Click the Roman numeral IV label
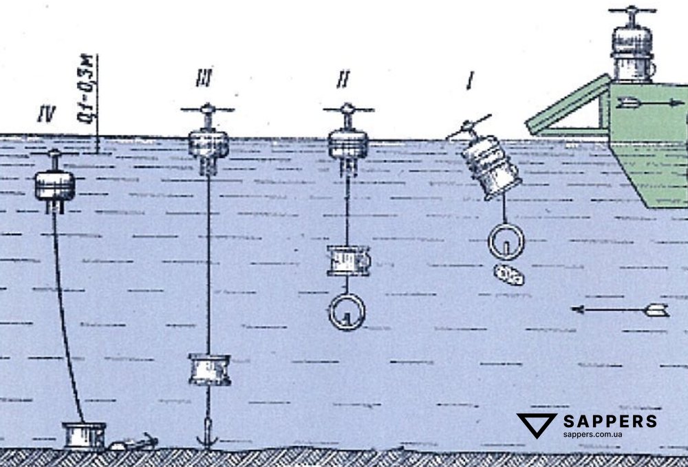click(47, 111)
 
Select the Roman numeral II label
click(343, 80)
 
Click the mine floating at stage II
click(348, 142)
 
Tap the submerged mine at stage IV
click(54, 184)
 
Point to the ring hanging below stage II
click(347, 312)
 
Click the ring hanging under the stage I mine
click(506, 241)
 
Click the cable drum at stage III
click(208, 369)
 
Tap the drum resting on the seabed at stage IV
click(84, 436)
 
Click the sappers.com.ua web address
click(592, 435)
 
